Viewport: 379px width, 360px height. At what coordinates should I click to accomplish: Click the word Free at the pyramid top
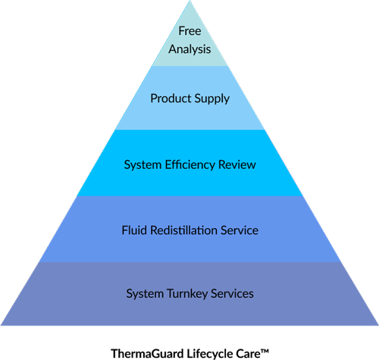coord(189,31)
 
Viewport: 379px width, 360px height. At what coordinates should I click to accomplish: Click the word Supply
coord(211,99)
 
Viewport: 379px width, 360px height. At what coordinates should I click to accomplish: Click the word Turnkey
coord(188,293)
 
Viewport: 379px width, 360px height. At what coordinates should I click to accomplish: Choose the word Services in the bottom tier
coord(232,293)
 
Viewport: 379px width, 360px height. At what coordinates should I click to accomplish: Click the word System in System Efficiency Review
coord(141,164)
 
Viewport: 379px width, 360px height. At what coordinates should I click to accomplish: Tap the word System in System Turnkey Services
coord(144,293)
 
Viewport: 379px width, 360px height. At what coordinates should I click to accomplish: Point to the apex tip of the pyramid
coord(189,2)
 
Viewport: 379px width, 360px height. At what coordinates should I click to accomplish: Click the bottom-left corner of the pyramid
coord(2,325)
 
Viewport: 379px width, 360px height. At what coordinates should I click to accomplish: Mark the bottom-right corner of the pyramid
coord(377,325)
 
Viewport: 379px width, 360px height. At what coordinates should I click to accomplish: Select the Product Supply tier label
coord(189,99)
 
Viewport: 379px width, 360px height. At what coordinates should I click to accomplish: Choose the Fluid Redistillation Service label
coord(189,230)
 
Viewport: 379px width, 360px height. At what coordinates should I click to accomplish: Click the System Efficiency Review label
coord(189,164)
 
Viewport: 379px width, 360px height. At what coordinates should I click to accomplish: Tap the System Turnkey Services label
coord(189,293)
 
